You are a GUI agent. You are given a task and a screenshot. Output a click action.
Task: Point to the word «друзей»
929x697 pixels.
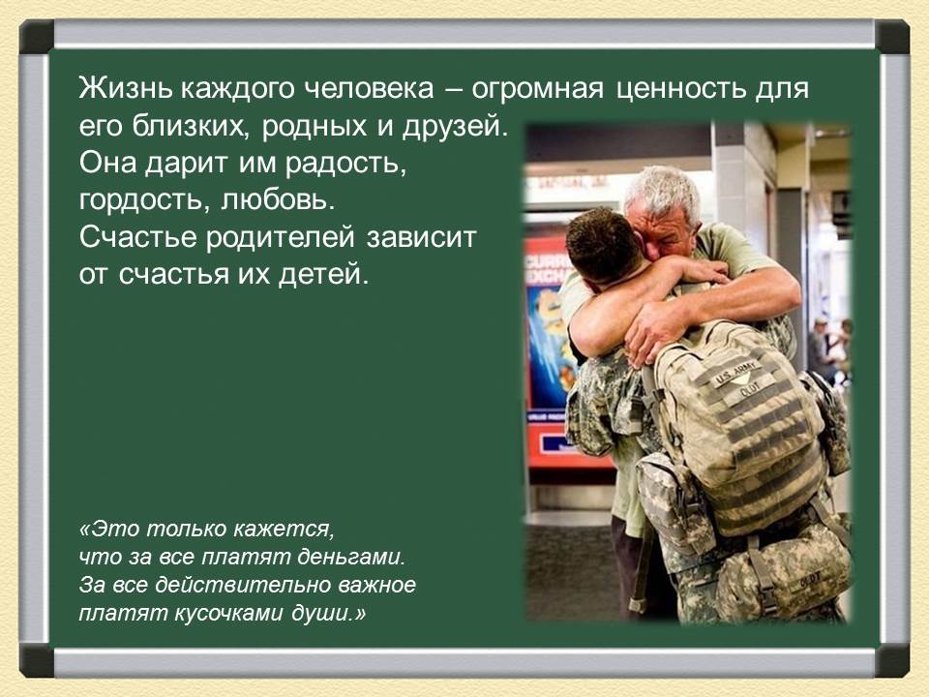[455, 126]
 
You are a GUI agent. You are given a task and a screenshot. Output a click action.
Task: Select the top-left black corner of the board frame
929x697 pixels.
[36, 36]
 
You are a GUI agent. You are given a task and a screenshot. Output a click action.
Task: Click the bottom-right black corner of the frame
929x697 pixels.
[892, 660]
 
